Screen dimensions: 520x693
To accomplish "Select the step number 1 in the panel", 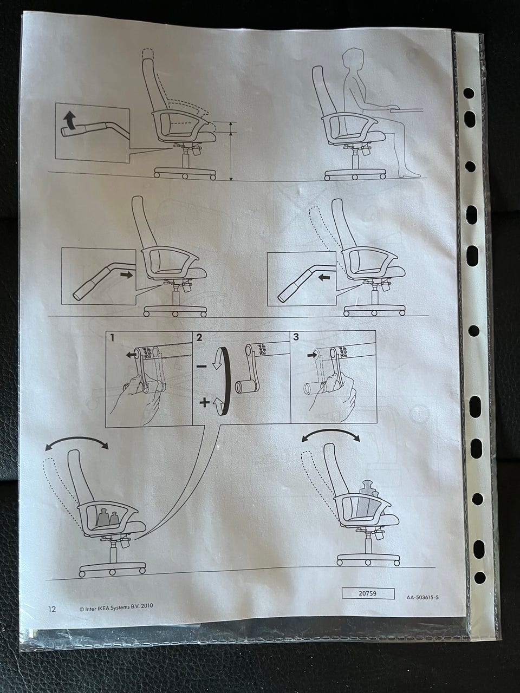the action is pyautogui.click(x=113, y=338).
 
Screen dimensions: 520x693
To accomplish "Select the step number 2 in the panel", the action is pyautogui.click(x=199, y=337).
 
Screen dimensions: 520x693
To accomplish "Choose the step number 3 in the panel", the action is pyautogui.click(x=296, y=337).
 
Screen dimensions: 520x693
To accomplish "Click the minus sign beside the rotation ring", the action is pyautogui.click(x=201, y=367).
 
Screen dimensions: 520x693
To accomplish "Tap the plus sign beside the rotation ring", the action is pyautogui.click(x=205, y=402).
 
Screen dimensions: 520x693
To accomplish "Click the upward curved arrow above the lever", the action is pyautogui.click(x=69, y=121).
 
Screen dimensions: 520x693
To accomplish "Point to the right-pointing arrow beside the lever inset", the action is pyautogui.click(x=126, y=275).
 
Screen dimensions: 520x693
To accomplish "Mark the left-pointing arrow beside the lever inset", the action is pyautogui.click(x=324, y=278).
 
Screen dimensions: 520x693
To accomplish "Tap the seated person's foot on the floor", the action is pyautogui.click(x=409, y=174).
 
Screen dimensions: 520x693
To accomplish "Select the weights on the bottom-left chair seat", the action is pyautogui.click(x=106, y=518).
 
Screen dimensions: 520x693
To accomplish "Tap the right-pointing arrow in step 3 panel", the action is pyautogui.click(x=311, y=355).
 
